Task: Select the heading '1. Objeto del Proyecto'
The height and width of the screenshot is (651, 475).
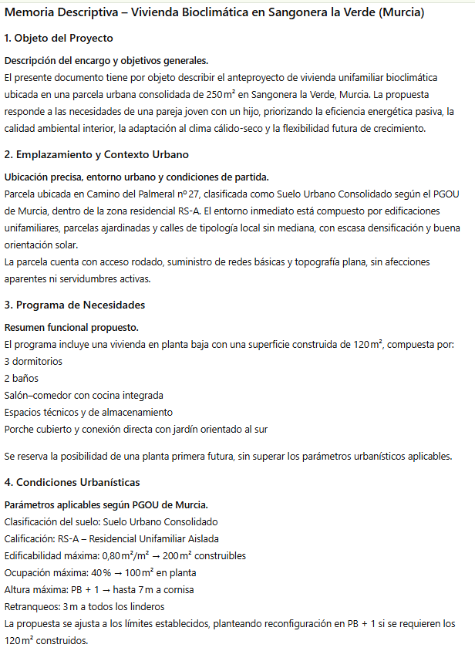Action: (59, 38)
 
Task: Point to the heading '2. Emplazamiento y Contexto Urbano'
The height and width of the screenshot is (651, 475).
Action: (96, 154)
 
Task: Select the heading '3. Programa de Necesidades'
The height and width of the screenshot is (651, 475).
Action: (74, 305)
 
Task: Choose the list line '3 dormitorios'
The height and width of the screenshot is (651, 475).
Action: (33, 361)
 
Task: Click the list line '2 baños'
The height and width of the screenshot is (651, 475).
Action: (22, 378)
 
